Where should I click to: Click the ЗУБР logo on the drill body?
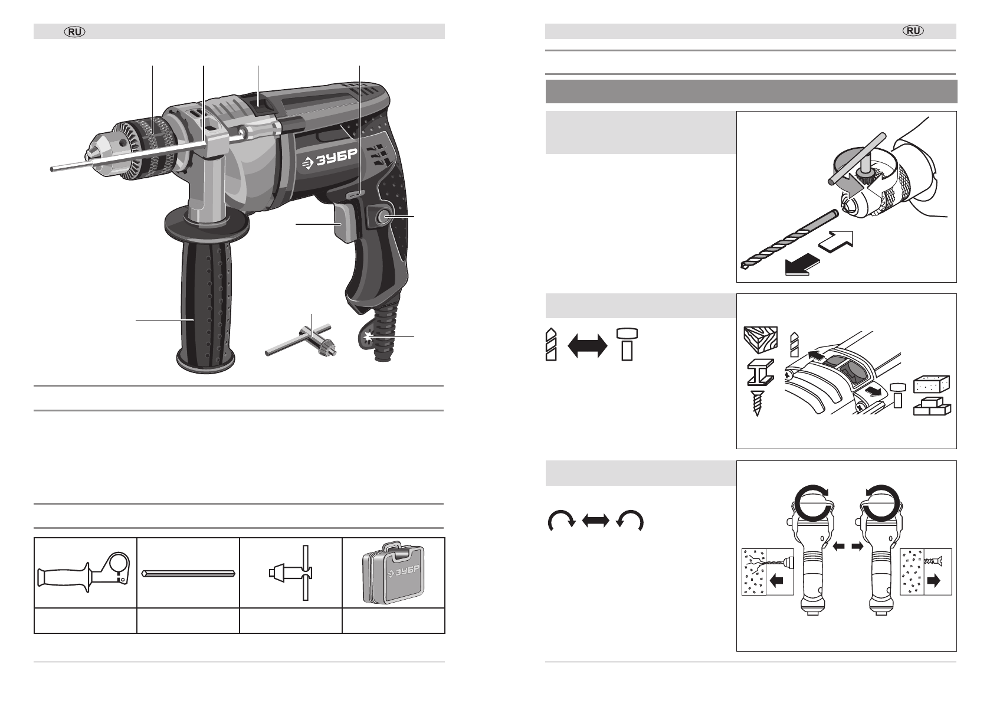click(x=330, y=159)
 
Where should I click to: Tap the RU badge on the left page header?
click(x=75, y=32)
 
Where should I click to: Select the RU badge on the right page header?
click(x=913, y=31)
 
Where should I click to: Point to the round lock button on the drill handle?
click(x=382, y=217)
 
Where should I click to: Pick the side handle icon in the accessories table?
click(x=84, y=574)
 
